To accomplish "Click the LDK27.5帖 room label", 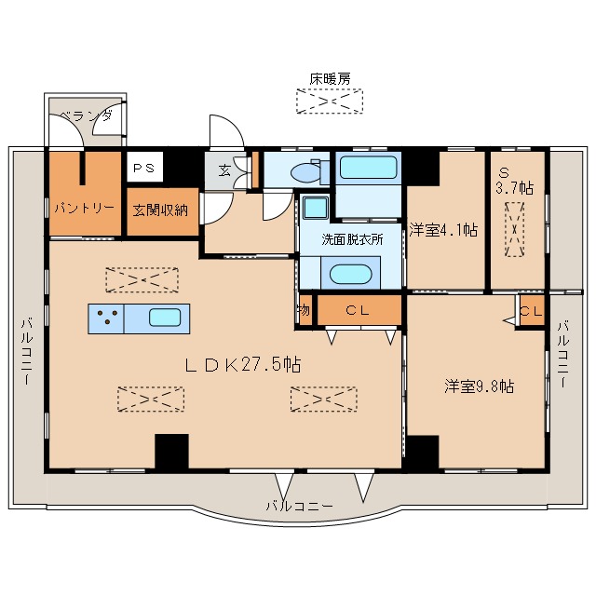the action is tap(243, 365).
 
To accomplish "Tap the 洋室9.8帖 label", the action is tap(480, 386).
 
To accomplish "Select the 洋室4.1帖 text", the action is tap(443, 230).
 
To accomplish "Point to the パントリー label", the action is tap(85, 208).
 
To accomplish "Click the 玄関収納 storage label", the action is tap(160, 210).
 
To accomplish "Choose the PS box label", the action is tap(143, 168).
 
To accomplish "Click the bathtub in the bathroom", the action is tap(368, 168).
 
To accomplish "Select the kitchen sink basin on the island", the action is tap(165, 318).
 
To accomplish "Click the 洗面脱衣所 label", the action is tap(352, 239).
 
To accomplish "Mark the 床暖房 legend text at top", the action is tap(330, 78).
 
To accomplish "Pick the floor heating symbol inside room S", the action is tap(515, 229).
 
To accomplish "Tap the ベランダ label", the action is tap(87, 115).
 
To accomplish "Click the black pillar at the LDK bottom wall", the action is tap(171, 451).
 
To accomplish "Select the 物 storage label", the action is tap(305, 310).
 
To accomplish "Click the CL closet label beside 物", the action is tap(358, 310).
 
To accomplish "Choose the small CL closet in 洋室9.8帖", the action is tap(531, 311).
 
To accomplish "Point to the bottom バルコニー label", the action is tap(300, 506).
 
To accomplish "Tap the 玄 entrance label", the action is tap(225, 170).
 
